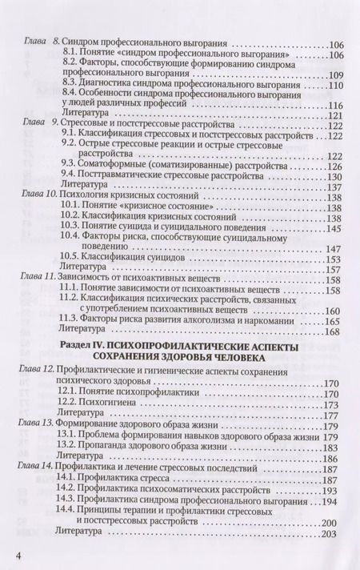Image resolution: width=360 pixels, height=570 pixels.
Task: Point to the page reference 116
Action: tap(332, 104)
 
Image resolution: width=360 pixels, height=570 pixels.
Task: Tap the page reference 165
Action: tap(332, 320)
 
